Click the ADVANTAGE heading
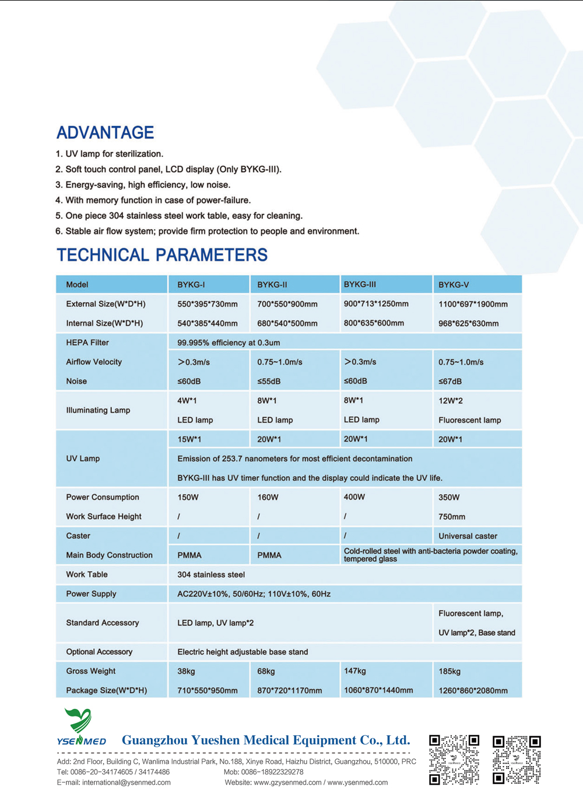(x=105, y=132)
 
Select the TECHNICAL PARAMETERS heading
(x=162, y=255)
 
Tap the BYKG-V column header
(x=454, y=285)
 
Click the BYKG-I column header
(x=191, y=285)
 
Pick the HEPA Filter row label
(x=87, y=342)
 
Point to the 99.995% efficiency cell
(x=229, y=342)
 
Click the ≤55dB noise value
(x=269, y=381)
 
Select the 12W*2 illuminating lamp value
(x=451, y=401)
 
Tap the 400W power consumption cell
(x=354, y=497)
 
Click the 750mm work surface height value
(x=452, y=516)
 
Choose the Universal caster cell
(x=468, y=536)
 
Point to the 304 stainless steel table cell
(x=211, y=575)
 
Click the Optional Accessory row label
(x=99, y=652)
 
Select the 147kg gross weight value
(x=355, y=671)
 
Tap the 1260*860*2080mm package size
(x=473, y=690)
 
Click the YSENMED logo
(x=81, y=727)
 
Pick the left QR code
(x=454, y=759)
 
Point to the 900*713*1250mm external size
(x=376, y=304)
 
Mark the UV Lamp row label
(x=83, y=459)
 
